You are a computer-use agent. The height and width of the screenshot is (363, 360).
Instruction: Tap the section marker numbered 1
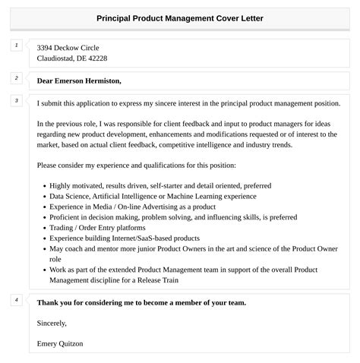[16, 46]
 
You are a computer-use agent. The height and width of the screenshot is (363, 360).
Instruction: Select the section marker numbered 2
[16, 77]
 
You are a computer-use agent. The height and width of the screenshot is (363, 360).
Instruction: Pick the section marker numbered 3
[16, 100]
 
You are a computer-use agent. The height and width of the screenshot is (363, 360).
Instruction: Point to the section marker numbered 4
[16, 300]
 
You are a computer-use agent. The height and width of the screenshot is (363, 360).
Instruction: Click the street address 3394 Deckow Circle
[68, 47]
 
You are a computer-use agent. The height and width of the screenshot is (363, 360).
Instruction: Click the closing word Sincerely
[52, 323]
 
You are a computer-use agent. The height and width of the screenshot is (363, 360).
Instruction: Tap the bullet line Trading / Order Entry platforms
[97, 227]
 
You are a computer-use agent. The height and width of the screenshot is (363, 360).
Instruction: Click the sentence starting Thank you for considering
[141, 302]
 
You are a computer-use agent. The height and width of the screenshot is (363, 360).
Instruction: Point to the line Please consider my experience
[136, 165]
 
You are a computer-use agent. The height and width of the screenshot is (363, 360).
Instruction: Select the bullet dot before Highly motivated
[44, 185]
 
